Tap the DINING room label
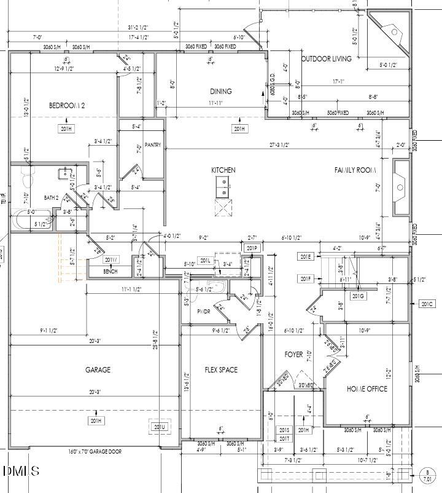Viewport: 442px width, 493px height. (x=220, y=92)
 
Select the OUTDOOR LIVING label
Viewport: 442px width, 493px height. (x=326, y=59)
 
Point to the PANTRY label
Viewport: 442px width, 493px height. (x=153, y=145)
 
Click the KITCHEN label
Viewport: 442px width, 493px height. (x=223, y=170)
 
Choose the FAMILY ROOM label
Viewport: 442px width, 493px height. (x=355, y=170)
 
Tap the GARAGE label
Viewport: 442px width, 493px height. (x=98, y=369)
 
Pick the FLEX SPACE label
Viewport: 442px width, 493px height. (x=221, y=370)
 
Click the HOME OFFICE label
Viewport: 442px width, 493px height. (x=367, y=388)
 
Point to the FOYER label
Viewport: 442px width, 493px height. (x=293, y=355)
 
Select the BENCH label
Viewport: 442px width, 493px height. (x=110, y=271)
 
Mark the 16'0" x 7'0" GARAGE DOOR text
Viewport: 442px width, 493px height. (x=95, y=452)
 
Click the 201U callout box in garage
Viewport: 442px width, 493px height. (x=159, y=427)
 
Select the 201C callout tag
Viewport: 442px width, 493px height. (x=426, y=304)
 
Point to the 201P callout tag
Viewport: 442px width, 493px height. (x=251, y=248)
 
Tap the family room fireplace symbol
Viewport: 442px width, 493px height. (x=400, y=187)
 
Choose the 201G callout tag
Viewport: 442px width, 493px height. (x=358, y=296)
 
